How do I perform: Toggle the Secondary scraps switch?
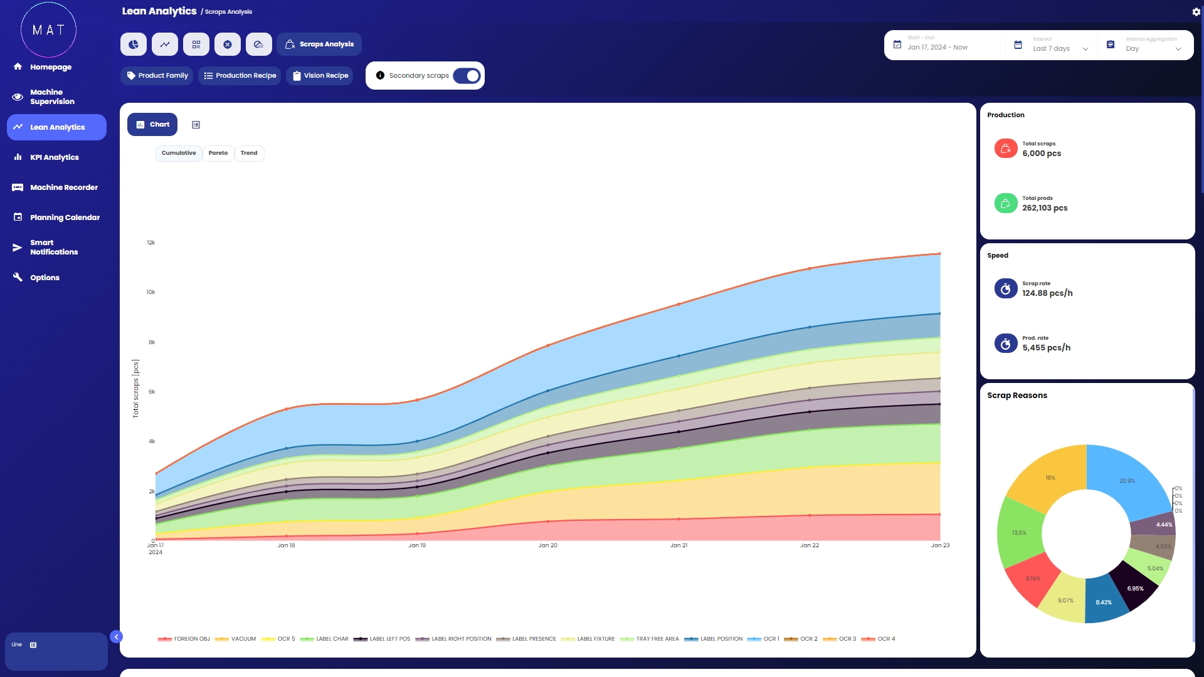coord(467,76)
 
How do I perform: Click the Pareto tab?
coord(218,153)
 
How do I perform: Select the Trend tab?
coord(249,153)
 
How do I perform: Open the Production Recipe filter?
coord(240,76)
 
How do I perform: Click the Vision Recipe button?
coord(320,76)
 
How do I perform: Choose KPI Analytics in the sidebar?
coord(55,157)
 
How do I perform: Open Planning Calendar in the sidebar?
coord(65,218)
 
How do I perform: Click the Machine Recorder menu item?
coord(64,187)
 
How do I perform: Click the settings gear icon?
coord(1196,12)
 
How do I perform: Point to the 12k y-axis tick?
coord(151,243)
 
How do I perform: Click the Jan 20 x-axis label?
coord(547,545)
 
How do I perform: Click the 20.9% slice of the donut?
coord(1127,481)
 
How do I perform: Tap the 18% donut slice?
coord(1050,478)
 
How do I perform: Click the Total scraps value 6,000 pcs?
coord(1042,154)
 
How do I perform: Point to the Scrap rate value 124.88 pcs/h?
coord(1047,293)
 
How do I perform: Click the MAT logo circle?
coord(48,29)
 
